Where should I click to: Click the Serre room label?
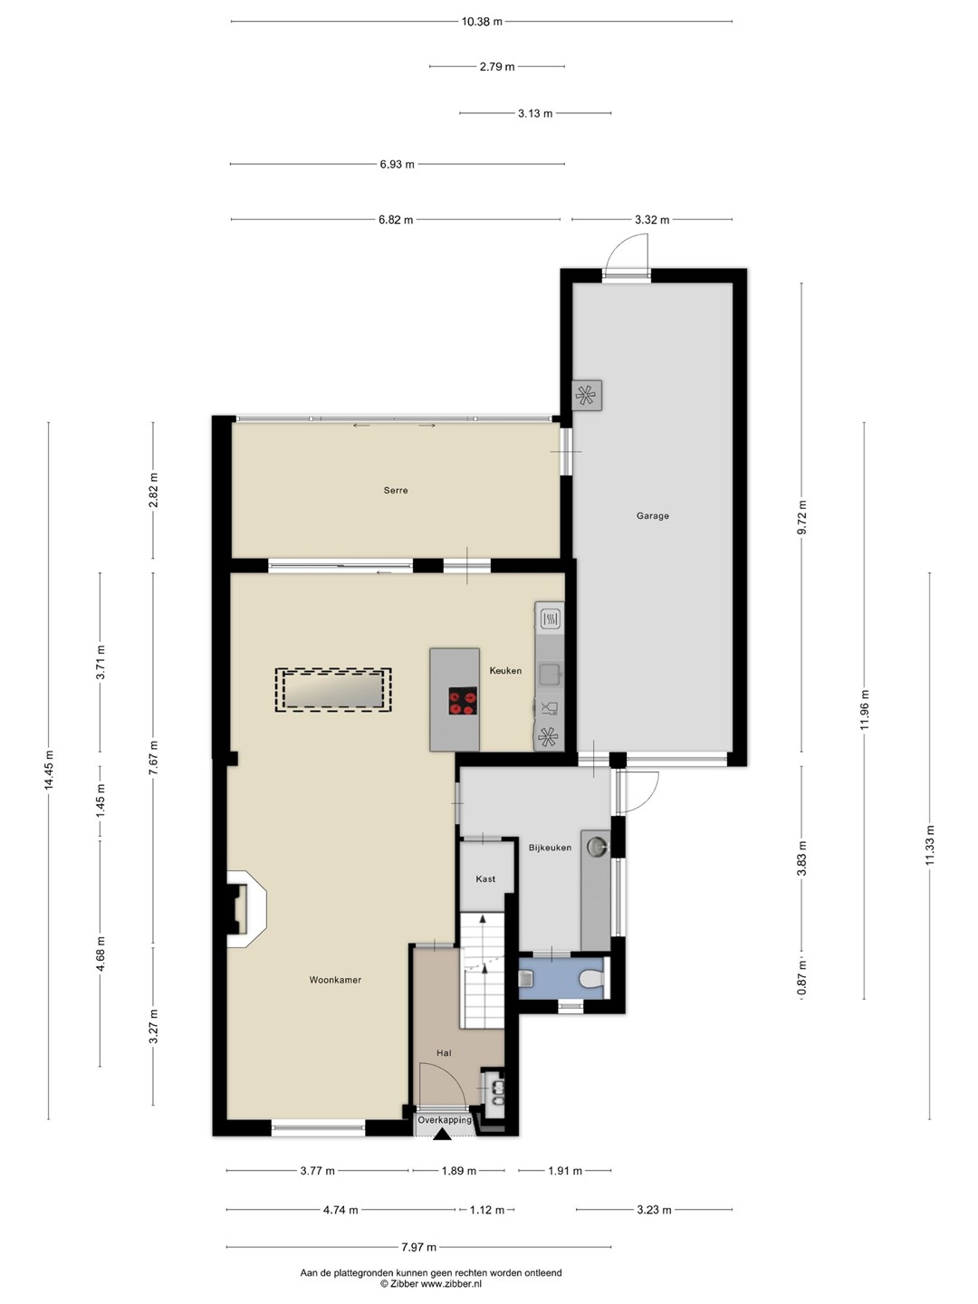(396, 490)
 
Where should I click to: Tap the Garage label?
(653, 515)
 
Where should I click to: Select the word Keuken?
(505, 671)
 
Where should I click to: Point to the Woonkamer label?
(335, 980)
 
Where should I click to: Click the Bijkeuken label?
(550, 848)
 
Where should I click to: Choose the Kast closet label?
(485, 878)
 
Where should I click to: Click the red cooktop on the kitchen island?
(463, 700)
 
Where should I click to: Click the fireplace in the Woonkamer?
(245, 909)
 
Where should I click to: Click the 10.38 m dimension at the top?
(482, 22)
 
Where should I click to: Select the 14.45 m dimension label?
(48, 770)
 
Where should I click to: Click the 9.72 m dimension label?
(801, 517)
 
